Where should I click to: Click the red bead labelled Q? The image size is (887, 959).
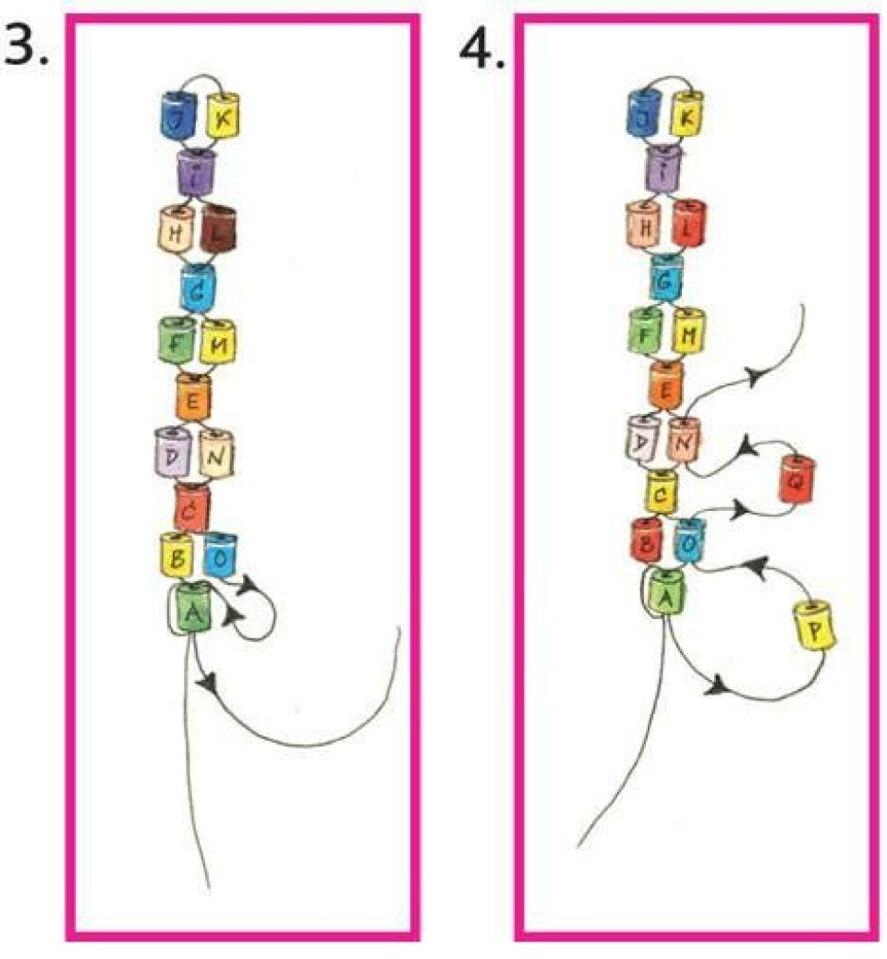pyautogui.click(x=796, y=479)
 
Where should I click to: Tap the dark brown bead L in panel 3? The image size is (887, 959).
pyautogui.click(x=219, y=228)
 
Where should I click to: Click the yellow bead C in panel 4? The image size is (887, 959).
pyautogui.click(x=662, y=494)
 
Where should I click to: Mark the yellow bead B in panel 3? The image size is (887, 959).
pyautogui.click(x=176, y=556)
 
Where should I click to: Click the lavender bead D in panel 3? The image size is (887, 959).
pyautogui.click(x=174, y=453)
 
